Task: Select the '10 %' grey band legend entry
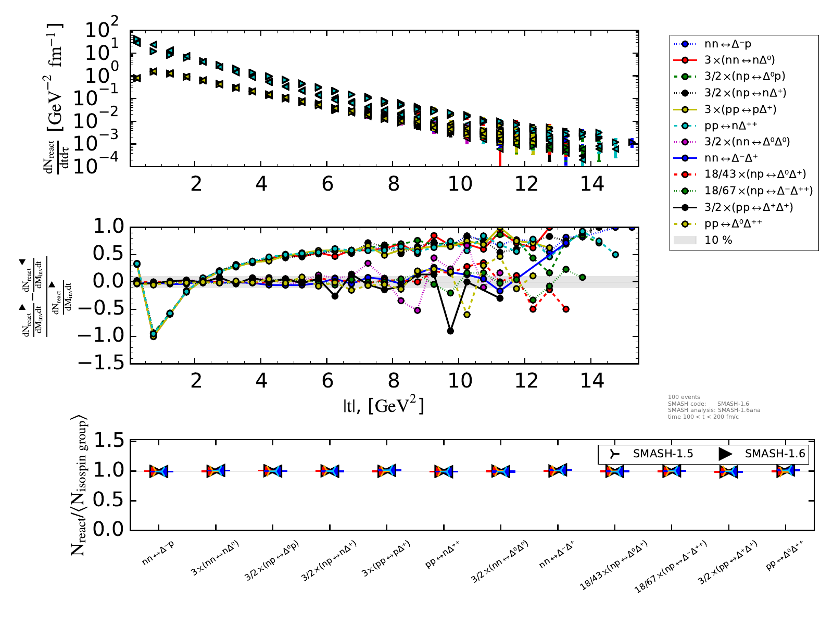click(x=718, y=240)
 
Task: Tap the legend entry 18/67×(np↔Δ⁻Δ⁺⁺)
click(x=758, y=191)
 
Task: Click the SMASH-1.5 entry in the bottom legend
click(x=662, y=454)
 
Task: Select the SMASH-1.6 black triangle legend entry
click(x=774, y=454)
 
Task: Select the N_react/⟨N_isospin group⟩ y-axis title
click(x=79, y=485)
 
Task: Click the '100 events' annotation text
click(x=684, y=397)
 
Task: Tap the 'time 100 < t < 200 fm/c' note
click(x=703, y=417)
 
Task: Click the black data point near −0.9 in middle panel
click(x=450, y=331)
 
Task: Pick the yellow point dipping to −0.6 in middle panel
click(x=467, y=315)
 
